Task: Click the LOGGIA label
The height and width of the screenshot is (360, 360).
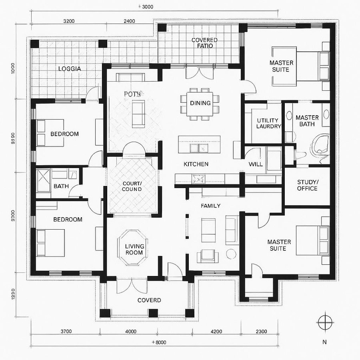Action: tap(70, 69)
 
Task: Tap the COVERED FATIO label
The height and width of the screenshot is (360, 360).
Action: tap(204, 43)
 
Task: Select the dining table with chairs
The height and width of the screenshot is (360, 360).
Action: tap(200, 103)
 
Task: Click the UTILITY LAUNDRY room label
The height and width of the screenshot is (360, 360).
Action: tap(269, 123)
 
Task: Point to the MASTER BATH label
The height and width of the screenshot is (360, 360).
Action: tap(307, 120)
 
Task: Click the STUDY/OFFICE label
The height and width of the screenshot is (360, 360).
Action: tap(307, 185)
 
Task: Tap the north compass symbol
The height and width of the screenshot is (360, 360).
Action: tap(324, 322)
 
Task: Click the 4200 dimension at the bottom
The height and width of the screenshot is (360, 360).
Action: tap(216, 331)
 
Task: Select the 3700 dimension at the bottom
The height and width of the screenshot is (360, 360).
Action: tap(66, 331)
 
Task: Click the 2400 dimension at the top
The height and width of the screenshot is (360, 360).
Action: tap(129, 21)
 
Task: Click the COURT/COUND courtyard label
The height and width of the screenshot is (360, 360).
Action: tap(132, 186)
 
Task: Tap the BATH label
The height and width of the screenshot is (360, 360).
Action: tap(61, 186)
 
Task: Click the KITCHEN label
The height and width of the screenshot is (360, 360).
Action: tap(196, 164)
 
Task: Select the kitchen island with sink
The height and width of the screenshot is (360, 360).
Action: tap(199, 144)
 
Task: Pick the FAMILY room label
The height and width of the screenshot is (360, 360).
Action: tap(210, 206)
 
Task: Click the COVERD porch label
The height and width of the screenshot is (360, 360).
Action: tap(149, 300)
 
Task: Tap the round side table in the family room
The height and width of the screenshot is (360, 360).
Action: tap(231, 254)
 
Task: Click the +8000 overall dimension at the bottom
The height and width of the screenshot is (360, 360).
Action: tap(159, 342)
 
